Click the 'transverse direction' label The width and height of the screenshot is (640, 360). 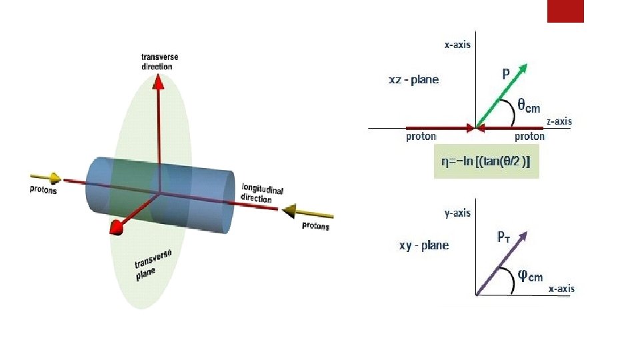[159, 61]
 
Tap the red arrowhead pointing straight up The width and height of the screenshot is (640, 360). [159, 81]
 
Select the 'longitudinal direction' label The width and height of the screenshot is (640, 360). [262, 193]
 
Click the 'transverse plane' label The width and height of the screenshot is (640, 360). [153, 265]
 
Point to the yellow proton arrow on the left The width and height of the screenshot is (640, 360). [46, 178]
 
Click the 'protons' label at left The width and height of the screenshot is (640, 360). [43, 190]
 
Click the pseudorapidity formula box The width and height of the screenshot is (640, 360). [486, 161]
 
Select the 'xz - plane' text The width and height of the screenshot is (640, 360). [414, 80]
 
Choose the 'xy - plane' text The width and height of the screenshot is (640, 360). [424, 245]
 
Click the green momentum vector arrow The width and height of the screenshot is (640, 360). [501, 94]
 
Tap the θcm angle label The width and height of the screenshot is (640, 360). [529, 105]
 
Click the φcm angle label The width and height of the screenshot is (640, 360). [530, 275]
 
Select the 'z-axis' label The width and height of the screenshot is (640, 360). [559, 121]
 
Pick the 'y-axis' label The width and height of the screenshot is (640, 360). [457, 213]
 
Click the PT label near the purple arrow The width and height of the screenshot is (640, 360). [505, 237]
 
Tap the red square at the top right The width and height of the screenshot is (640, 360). [565, 11]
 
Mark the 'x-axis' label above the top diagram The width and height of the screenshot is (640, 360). [457, 45]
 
